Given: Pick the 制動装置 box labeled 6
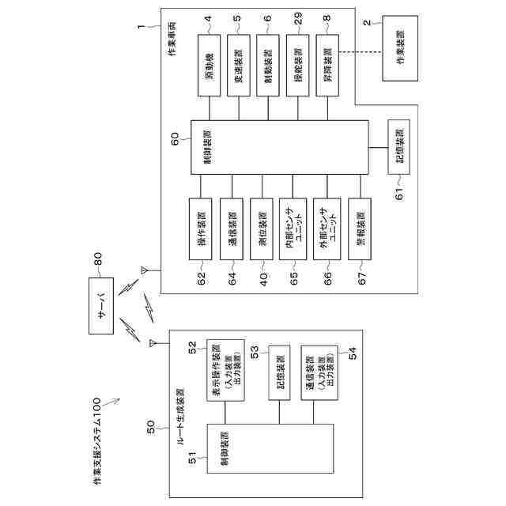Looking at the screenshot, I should (x=266, y=65).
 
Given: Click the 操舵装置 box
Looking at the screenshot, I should (x=296, y=65).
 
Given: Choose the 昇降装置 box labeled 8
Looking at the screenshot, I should (x=327, y=65).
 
